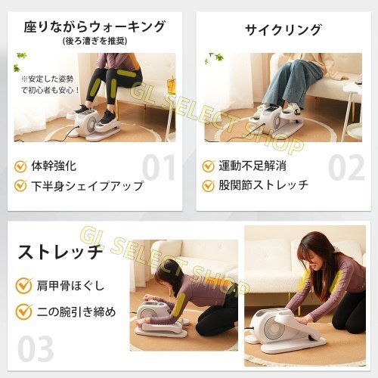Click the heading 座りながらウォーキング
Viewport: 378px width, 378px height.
[x=94, y=26]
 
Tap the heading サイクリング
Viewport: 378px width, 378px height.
[x=283, y=29]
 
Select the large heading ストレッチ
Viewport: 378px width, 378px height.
[x=60, y=251]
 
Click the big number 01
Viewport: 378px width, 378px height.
[x=158, y=167]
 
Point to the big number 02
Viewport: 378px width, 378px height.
[x=346, y=167]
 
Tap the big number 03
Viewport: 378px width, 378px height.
[x=36, y=349]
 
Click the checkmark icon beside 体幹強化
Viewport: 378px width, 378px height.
[x=20, y=166]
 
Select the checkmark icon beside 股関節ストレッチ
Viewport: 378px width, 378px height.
[x=209, y=185]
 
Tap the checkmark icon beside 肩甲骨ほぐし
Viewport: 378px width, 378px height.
[x=23, y=286]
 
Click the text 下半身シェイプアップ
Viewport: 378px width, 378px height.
[x=87, y=186]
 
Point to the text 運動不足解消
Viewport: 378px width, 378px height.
[x=253, y=166]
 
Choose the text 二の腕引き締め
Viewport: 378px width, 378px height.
[x=76, y=312]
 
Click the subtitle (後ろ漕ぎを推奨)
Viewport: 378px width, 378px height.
[x=94, y=41]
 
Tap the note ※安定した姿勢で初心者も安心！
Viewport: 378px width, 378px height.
[x=50, y=85]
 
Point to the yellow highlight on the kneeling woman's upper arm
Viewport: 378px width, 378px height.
[x=179, y=305]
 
